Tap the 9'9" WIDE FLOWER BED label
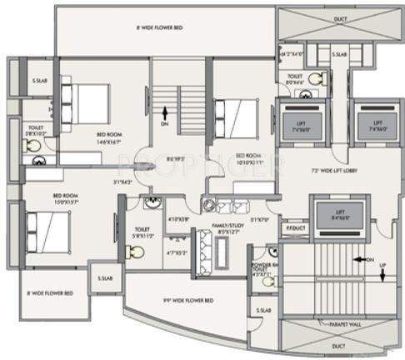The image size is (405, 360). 187,298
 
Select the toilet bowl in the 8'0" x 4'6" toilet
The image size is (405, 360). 314,79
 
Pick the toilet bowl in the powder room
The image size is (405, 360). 267,281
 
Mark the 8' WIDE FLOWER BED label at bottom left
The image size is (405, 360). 48,293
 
